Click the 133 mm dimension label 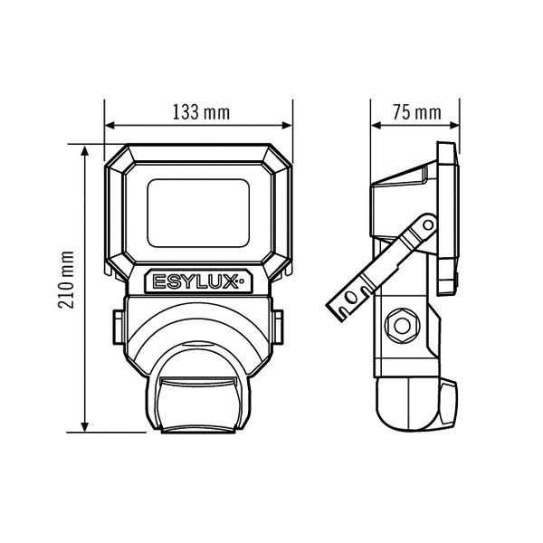click(x=201, y=112)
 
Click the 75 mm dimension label click(x=417, y=112)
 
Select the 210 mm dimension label click(x=66, y=280)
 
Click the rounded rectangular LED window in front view click(x=198, y=213)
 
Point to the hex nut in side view click(x=403, y=326)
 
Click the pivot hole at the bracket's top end click(x=428, y=225)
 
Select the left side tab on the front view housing click(x=119, y=328)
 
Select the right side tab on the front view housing click(x=278, y=328)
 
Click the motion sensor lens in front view click(x=198, y=405)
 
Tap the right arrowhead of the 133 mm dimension click(x=288, y=126)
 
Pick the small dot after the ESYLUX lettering click(x=242, y=281)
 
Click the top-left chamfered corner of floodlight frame click(x=116, y=155)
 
